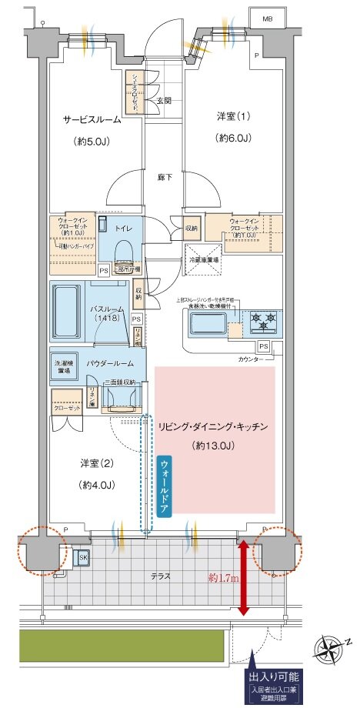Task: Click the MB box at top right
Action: point(267,18)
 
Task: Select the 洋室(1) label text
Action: point(232,116)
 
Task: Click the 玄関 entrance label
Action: point(164,101)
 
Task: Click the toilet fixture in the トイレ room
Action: point(123,253)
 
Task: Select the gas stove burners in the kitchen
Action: point(261,317)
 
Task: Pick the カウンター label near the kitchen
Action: point(249,359)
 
